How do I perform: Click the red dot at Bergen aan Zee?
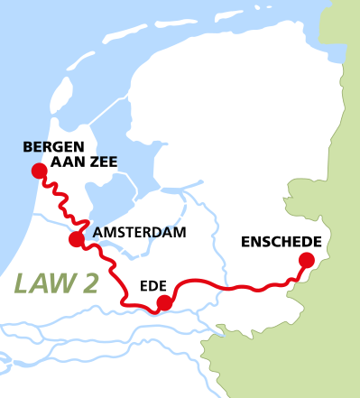38,171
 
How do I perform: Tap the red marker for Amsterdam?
77,239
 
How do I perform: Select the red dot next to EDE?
162,302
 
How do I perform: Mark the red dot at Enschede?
306,261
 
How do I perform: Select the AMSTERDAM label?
139,233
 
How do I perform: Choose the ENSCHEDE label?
282,241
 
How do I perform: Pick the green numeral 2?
88,283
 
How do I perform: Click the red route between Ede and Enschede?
235,288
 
